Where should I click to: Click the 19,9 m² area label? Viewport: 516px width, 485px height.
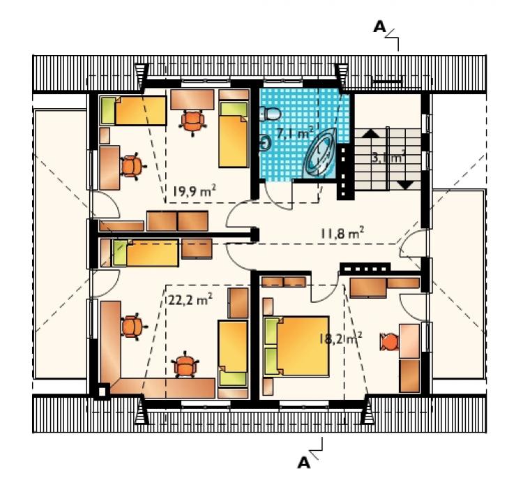click(194, 191)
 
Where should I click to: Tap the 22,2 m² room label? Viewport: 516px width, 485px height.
click(190, 300)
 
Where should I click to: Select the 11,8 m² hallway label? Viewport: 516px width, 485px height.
click(342, 234)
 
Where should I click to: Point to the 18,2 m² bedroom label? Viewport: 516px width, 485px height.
click(340, 338)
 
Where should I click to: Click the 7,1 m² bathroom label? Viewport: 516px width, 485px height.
click(295, 133)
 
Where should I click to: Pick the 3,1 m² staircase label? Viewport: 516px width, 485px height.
click(388, 158)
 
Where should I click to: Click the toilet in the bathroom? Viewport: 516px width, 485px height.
click(270, 114)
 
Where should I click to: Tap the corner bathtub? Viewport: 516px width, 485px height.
click(321, 154)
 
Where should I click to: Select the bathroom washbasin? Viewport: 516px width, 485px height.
click(264, 144)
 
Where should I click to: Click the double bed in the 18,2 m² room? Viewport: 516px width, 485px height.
click(296, 346)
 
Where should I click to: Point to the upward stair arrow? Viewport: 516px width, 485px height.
click(371, 133)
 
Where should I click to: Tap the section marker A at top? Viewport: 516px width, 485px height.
click(379, 27)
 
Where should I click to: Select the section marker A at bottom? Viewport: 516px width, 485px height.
click(304, 463)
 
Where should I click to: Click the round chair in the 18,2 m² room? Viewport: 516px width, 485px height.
click(389, 342)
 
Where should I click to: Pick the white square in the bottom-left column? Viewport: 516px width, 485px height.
click(102, 391)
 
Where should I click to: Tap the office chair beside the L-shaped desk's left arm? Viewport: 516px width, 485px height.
click(133, 327)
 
